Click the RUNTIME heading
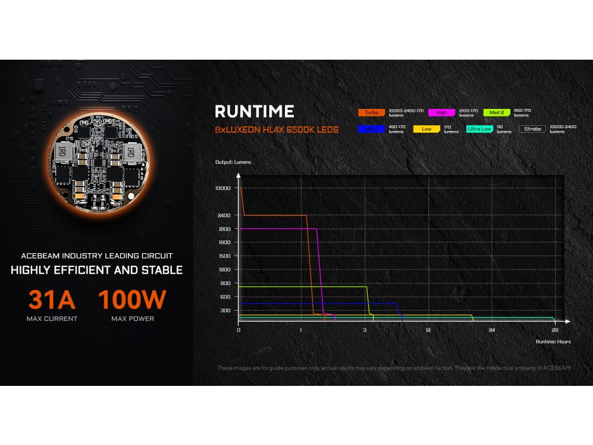click(254, 111)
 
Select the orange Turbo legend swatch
click(371, 112)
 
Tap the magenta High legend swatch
click(442, 112)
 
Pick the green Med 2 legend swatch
click(497, 112)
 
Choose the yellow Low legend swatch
click(426, 129)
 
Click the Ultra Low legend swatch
click(479, 129)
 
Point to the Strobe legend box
click(532, 129)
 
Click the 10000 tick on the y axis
click(222, 188)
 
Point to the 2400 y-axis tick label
click(224, 216)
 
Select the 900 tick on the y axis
click(225, 283)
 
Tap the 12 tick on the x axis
click(428, 330)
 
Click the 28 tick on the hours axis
click(555, 330)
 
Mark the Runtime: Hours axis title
click(553, 342)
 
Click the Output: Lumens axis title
click(233, 162)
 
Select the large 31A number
click(52, 300)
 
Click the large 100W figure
click(132, 300)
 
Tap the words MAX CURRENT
click(52, 319)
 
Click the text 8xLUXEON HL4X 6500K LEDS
click(276, 129)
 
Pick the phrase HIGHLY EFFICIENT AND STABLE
click(97, 270)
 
